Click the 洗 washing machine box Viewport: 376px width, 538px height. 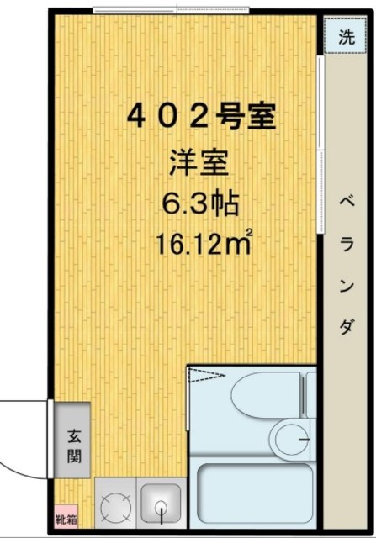345,37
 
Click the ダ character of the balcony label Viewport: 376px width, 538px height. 346,326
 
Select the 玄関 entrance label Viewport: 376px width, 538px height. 73,447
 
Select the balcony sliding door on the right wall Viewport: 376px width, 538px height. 320,143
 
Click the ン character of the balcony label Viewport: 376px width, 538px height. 346,286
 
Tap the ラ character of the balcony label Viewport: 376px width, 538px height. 346,245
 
